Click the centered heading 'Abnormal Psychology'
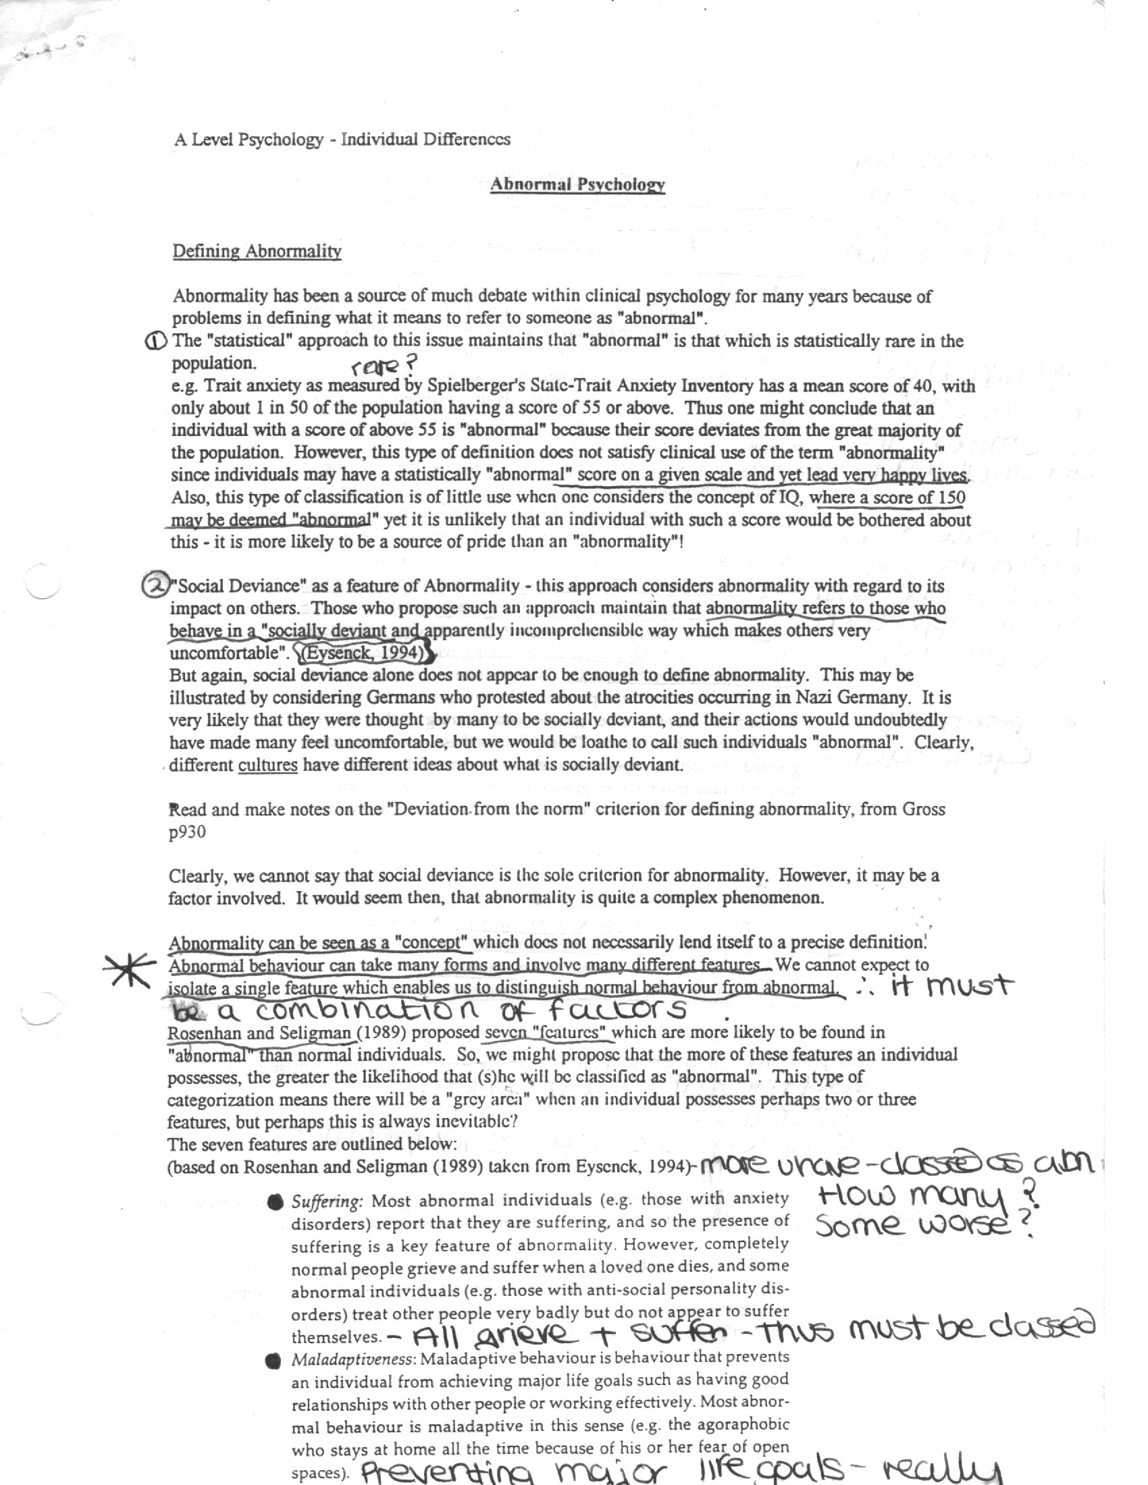[577, 184]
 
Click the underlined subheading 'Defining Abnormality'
[257, 251]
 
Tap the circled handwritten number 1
[155, 342]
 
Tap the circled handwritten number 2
[154, 585]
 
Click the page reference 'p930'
[187, 832]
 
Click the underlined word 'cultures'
[267, 764]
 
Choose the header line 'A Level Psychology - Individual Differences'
[342, 140]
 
